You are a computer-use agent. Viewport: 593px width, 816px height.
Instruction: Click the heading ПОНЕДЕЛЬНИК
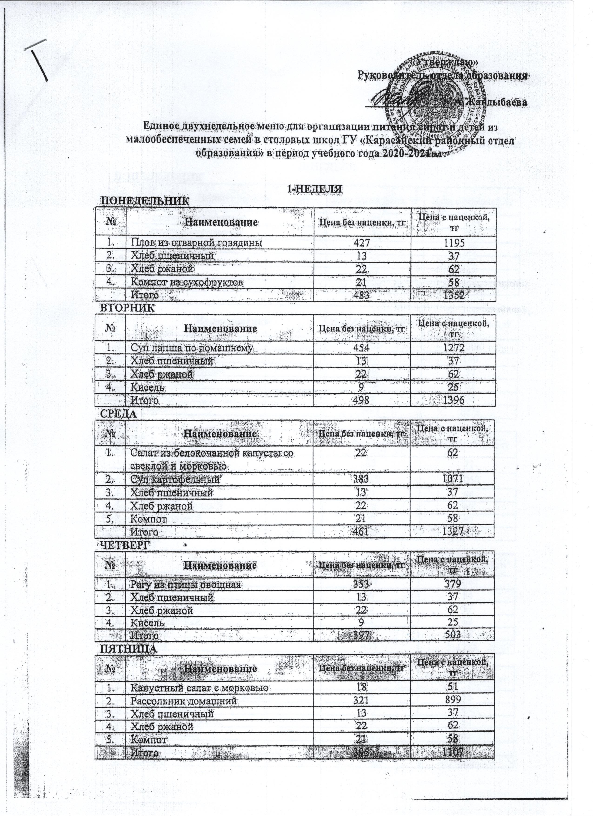[x=144, y=200]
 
